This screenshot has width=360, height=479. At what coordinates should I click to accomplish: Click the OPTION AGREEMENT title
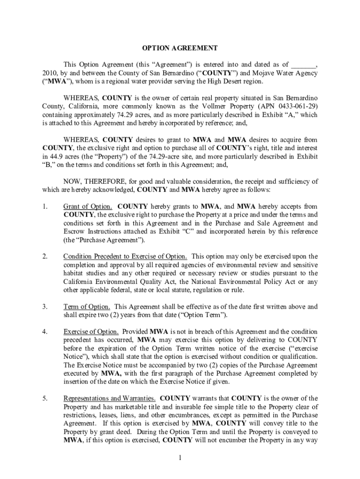(180, 48)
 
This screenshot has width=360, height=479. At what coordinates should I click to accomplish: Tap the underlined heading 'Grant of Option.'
(87, 206)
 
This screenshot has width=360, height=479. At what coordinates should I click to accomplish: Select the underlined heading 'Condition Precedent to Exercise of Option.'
(125, 256)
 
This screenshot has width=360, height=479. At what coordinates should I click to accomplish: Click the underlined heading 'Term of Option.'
(87, 307)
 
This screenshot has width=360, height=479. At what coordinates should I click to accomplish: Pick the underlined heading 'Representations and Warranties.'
(110, 399)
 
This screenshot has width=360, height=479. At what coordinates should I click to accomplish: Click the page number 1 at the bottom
(180, 457)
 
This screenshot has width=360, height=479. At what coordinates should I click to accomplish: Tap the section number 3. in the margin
(44, 307)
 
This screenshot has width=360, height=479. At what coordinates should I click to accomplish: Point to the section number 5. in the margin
(44, 399)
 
